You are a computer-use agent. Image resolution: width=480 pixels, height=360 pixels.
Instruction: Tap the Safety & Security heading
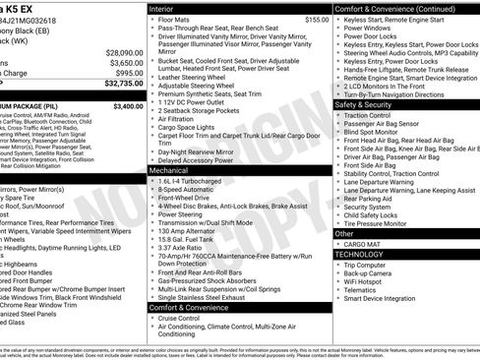pyautogui.click(x=364, y=103)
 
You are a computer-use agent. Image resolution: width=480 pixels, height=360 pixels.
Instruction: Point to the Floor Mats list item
pyautogui.click(x=175, y=19)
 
